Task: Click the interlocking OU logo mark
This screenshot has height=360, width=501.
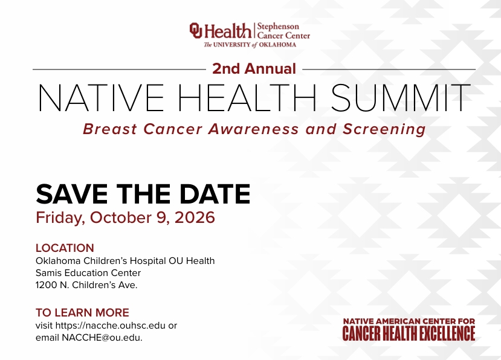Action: pos(196,30)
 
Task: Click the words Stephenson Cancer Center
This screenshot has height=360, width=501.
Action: pos(283,31)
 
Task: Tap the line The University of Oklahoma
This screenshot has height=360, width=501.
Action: pos(250,45)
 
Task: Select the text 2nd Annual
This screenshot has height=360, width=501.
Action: pos(254,69)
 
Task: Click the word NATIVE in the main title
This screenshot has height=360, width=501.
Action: pos(101,97)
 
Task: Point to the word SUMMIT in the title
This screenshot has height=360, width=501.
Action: pos(401,97)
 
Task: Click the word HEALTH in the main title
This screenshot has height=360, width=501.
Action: pos(247,97)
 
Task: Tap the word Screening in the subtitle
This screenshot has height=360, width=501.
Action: pos(384,129)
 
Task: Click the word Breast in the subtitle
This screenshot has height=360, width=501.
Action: pos(110,129)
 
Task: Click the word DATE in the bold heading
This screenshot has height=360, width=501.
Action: pos(215,194)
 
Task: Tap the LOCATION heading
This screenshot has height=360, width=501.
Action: pos(65,248)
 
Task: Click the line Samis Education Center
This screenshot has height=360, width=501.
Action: pos(88,273)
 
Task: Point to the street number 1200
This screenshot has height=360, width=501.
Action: pos(47,285)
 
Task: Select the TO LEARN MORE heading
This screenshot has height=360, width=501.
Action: pos(82,312)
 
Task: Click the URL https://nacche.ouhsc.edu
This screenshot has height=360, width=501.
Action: pos(111,326)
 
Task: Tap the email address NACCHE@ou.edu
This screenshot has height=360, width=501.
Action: pos(102,338)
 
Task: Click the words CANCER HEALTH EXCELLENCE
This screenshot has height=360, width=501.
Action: pos(409,333)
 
